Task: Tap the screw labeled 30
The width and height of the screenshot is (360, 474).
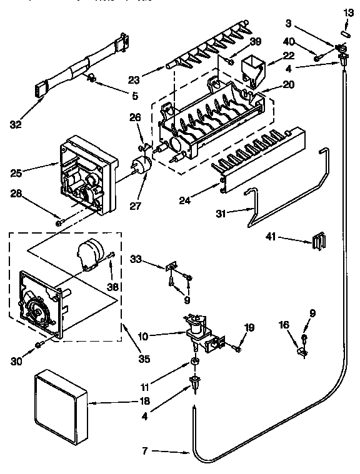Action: tap(39, 344)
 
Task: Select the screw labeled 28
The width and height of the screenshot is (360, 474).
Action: tap(59, 222)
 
